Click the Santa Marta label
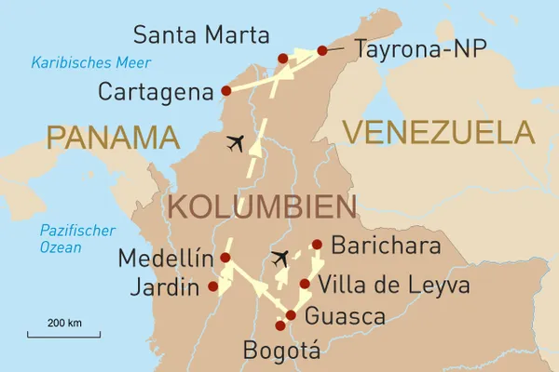201,36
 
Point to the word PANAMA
113,138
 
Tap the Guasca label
346,315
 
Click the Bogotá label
280,351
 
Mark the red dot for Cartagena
226,91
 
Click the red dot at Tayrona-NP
322,51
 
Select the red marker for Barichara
318,246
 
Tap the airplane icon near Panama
238,144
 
